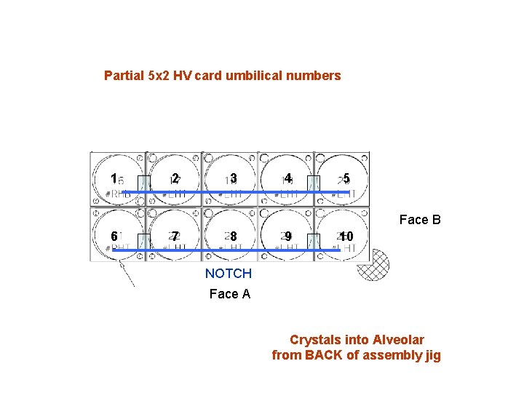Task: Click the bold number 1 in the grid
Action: [x=113, y=178]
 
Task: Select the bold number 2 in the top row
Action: [x=175, y=178]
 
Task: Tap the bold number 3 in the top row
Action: [x=234, y=178]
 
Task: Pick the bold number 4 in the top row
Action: [x=288, y=178]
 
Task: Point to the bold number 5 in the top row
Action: [x=346, y=178]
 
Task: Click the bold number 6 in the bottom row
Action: [x=114, y=237]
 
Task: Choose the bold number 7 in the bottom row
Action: [x=175, y=237]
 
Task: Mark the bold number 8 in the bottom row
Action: [x=234, y=237]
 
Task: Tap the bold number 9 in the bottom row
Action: [x=288, y=237]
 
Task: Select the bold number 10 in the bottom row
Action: [x=346, y=237]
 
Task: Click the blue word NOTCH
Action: [x=229, y=274]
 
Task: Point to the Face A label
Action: [x=229, y=294]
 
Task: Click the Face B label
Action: [x=420, y=220]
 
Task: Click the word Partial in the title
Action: [x=124, y=76]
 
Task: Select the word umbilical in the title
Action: [x=266, y=76]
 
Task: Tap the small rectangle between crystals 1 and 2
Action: [x=144, y=183]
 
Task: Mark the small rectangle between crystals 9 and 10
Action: [x=314, y=242]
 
